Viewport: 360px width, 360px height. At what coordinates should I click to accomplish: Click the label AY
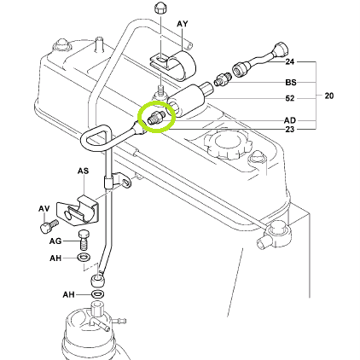point(183,24)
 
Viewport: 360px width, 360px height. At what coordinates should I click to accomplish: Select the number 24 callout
point(289,61)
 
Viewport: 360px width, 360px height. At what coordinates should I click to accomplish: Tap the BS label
point(291,83)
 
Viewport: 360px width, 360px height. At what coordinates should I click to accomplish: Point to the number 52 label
point(290,98)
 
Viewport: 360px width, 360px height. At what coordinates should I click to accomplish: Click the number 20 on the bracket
point(328,96)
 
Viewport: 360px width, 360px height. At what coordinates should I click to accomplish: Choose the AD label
point(290,120)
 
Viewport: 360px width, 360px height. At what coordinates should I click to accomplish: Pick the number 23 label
point(289,130)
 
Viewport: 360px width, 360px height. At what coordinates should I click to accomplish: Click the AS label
point(83,171)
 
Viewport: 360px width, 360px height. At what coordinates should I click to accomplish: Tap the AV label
point(44,209)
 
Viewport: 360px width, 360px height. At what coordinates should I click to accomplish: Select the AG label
point(55,241)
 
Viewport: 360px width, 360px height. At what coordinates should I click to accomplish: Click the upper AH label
point(55,258)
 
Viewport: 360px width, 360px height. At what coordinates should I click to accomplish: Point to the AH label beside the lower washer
point(68,294)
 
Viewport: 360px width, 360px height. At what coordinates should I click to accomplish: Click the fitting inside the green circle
point(155,118)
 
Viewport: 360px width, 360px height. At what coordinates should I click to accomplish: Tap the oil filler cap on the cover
point(228,144)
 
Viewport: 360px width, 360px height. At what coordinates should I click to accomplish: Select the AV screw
point(49,226)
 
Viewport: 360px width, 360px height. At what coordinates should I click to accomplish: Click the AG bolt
point(84,240)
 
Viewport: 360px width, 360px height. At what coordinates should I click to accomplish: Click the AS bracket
point(78,211)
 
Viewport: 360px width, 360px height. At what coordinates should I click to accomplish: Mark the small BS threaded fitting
point(223,78)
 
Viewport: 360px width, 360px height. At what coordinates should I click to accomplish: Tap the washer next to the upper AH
point(84,257)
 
